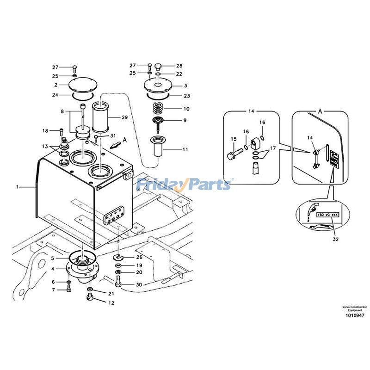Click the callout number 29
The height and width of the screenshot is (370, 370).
coord(124,118)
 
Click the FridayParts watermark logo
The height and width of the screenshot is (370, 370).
coord(184,185)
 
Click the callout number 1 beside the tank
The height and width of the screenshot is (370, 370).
coord(18,187)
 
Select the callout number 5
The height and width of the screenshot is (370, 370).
coord(53,258)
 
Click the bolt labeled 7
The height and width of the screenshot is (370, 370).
coord(69,289)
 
